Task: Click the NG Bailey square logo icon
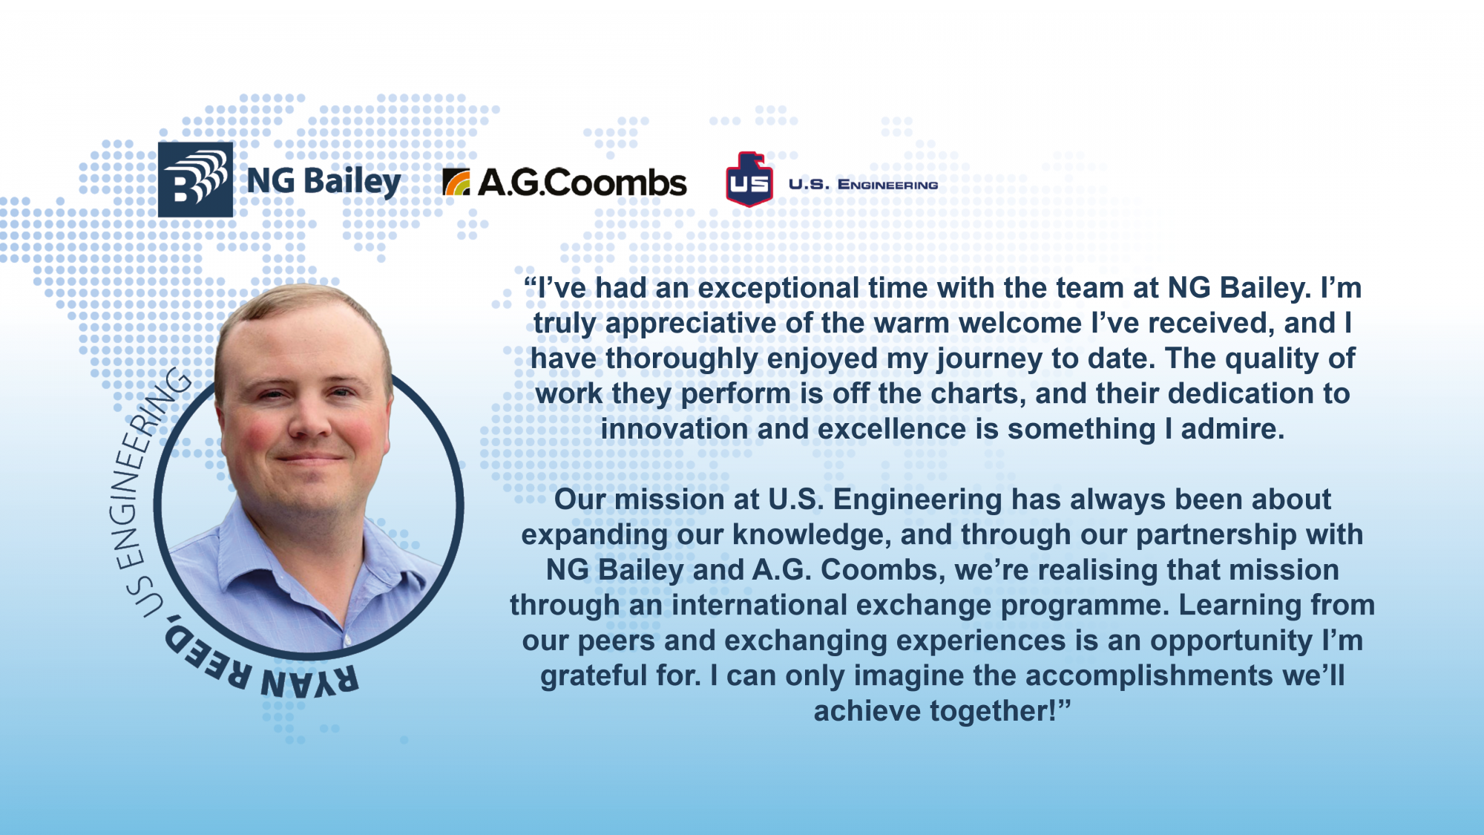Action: [195, 180]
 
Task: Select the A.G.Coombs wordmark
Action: [582, 183]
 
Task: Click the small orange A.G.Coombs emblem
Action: [456, 183]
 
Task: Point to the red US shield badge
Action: [749, 180]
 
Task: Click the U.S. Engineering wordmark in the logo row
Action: [863, 184]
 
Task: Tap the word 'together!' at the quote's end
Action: [994, 711]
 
